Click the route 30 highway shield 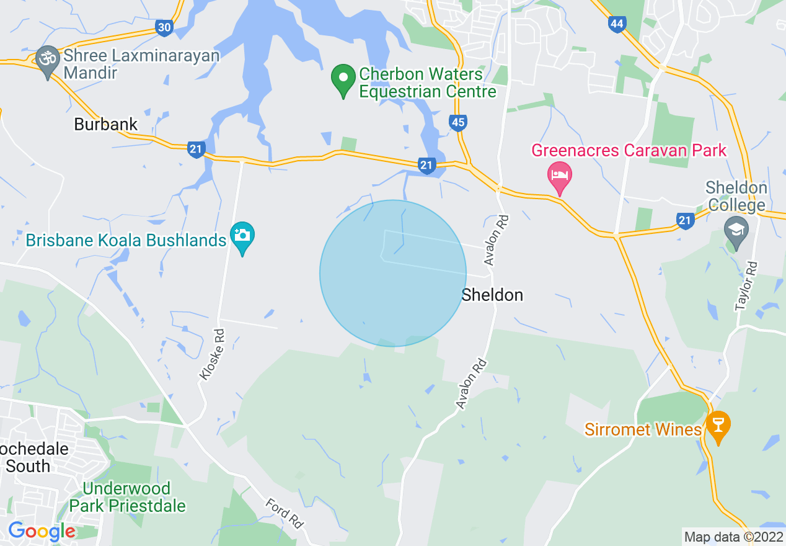164,27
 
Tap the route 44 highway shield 617,24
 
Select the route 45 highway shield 457,123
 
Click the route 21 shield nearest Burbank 196,149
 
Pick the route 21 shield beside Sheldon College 684,220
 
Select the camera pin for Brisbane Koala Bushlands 242,237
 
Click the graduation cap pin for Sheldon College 736,232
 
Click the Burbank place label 106,124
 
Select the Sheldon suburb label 492,295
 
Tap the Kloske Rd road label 211,354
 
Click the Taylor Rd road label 747,285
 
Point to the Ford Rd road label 285,513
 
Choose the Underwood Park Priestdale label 127,497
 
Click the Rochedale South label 34,457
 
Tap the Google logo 42,531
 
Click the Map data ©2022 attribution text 733,537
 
